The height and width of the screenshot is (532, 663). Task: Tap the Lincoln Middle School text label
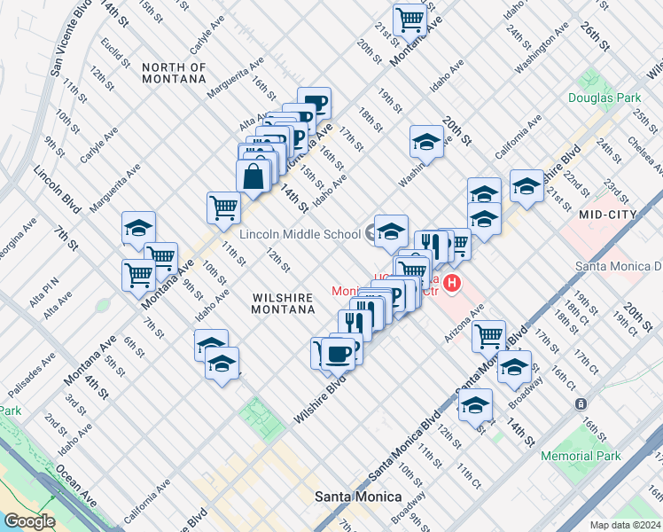299,233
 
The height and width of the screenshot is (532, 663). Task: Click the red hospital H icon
452,284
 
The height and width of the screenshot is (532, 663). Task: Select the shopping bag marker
253,175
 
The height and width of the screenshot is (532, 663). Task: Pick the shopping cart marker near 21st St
410,19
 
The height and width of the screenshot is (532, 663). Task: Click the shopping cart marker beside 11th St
223,207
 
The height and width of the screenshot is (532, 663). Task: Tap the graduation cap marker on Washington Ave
426,141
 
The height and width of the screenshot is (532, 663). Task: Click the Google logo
29,521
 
